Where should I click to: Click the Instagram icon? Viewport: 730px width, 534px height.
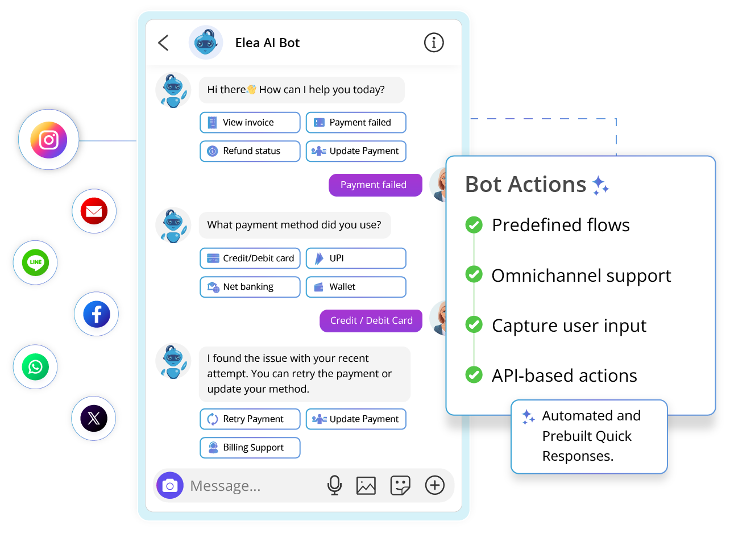click(49, 140)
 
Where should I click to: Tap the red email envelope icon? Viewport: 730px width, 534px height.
click(94, 211)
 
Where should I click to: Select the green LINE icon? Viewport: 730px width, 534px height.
click(35, 262)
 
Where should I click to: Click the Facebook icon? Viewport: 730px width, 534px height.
click(97, 314)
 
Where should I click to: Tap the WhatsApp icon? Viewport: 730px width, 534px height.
click(35, 366)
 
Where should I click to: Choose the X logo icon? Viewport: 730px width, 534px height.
click(94, 419)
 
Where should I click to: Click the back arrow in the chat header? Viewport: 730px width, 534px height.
click(163, 43)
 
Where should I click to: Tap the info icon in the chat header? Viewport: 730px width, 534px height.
click(434, 43)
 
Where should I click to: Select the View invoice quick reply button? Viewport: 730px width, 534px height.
click(250, 123)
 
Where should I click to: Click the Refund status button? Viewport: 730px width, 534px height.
click(250, 151)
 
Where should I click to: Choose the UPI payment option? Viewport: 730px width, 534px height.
click(356, 258)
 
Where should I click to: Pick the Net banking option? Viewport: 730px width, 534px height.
click(250, 287)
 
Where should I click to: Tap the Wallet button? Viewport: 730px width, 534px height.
click(356, 287)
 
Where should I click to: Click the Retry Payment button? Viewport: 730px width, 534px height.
click(250, 419)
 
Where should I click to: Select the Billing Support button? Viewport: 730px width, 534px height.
click(250, 448)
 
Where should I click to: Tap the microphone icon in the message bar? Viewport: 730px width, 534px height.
click(334, 485)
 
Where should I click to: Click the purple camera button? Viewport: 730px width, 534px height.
click(170, 486)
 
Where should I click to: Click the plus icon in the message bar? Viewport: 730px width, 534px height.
click(435, 485)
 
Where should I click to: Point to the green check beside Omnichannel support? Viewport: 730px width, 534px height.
click(474, 275)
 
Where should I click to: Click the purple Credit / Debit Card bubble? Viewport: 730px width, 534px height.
click(371, 320)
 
